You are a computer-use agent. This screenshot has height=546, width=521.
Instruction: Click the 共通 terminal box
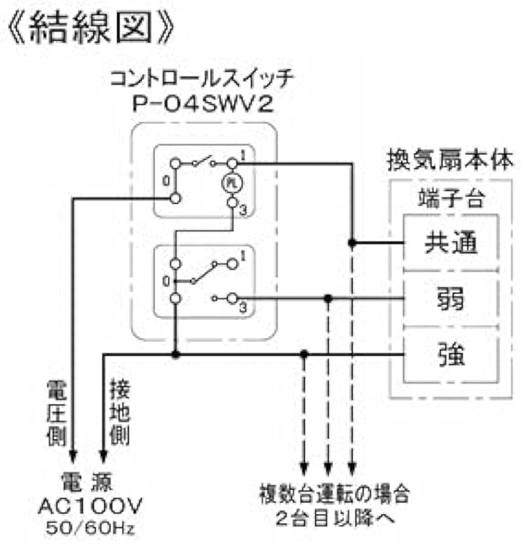[x=450, y=243]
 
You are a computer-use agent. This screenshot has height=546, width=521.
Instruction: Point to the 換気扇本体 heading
[x=450, y=161]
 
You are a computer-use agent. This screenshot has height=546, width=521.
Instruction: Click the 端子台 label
[x=450, y=199]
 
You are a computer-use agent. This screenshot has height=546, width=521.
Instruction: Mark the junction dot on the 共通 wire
[x=351, y=243]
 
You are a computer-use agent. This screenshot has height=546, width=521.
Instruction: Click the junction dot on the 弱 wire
[x=328, y=298]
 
